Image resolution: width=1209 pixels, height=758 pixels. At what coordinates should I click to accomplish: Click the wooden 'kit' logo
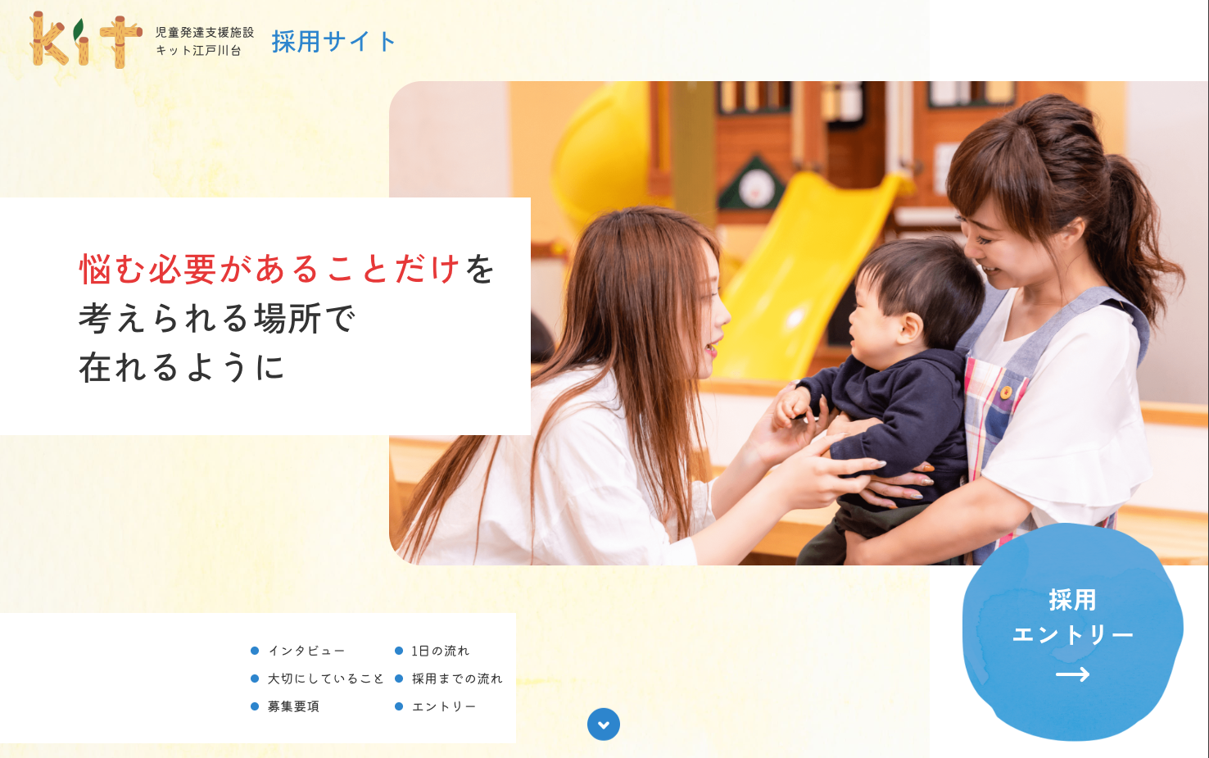point(86,40)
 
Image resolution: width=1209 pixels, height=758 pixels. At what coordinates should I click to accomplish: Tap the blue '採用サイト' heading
point(333,42)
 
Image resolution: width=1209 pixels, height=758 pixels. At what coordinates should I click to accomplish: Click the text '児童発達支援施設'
point(205,33)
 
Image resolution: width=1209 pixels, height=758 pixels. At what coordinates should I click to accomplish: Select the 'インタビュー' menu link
point(306,651)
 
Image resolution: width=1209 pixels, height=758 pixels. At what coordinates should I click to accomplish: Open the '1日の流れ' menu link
point(441,651)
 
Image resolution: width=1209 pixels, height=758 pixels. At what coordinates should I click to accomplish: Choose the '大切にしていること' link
point(325,679)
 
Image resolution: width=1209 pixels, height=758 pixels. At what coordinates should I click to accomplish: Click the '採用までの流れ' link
point(457,679)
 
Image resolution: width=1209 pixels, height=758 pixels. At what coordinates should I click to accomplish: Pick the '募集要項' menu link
point(293,706)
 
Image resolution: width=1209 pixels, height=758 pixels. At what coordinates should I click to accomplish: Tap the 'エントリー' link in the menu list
point(444,706)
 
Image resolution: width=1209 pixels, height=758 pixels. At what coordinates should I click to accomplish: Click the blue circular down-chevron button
point(604,724)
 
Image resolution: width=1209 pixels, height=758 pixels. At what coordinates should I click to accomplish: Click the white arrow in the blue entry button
point(1072,674)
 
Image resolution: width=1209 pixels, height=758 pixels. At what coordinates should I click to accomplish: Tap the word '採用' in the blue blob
point(1072,600)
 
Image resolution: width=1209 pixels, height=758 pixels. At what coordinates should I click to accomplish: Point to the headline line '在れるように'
point(182,368)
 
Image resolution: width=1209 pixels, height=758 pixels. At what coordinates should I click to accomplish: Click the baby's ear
point(910,329)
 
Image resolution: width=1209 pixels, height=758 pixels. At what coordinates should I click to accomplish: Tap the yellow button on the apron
point(1006,392)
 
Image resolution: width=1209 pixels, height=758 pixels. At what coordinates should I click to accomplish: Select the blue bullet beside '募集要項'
point(255,706)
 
